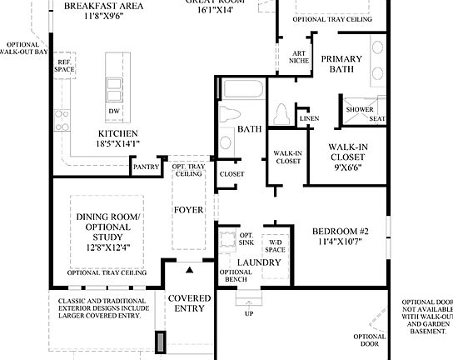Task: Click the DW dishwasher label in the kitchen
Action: pyautogui.click(x=113, y=111)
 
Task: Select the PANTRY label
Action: pyautogui.click(x=145, y=167)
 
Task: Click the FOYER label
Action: pyautogui.click(x=187, y=210)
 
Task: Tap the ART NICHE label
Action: pyautogui.click(x=299, y=57)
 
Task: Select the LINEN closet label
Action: pyautogui.click(x=309, y=118)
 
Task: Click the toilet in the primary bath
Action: pyautogui.click(x=281, y=112)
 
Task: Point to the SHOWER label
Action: pyautogui.click(x=360, y=109)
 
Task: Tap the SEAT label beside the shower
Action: pyautogui.click(x=377, y=119)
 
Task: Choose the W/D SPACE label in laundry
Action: pyautogui.click(x=275, y=246)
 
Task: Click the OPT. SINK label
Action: pyautogui.click(x=246, y=239)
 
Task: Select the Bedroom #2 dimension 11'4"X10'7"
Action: pyautogui.click(x=341, y=243)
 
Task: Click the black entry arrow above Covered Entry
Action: pyautogui.click(x=189, y=270)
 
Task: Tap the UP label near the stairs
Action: pyautogui.click(x=249, y=313)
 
